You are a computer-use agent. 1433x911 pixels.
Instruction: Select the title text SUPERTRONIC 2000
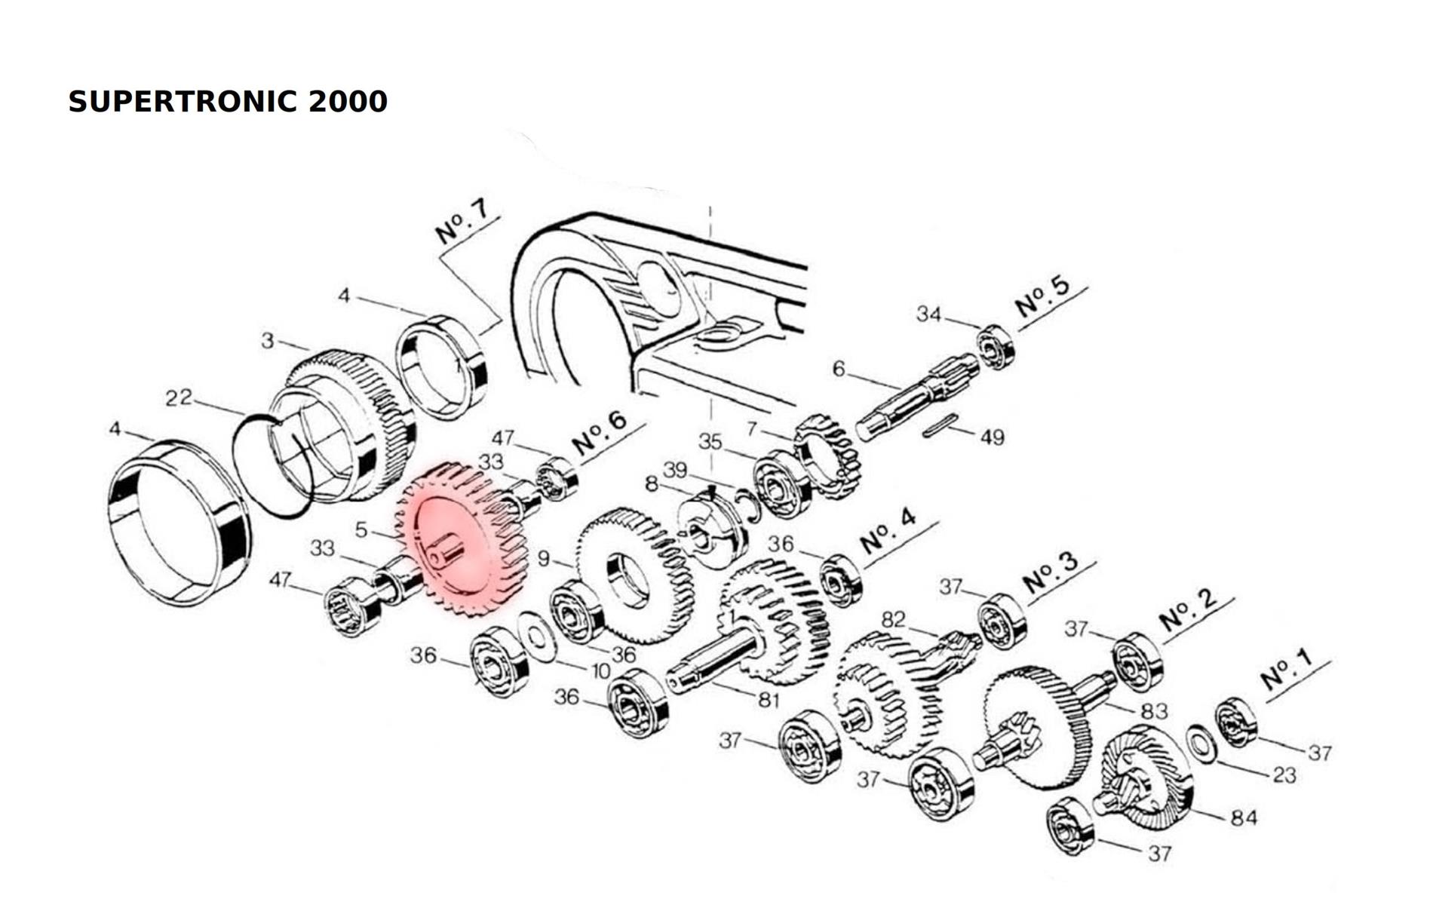coord(228,101)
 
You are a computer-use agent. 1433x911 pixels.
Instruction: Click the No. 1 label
coord(1287,668)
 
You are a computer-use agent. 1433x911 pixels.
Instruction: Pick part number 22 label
coord(179,397)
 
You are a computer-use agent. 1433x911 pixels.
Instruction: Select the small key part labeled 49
coord(940,429)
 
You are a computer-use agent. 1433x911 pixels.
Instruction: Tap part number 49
coord(993,437)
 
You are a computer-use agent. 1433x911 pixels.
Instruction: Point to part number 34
coord(928,314)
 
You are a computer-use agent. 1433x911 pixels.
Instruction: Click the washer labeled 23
coord(1200,744)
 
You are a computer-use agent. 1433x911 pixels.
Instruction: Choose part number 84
coord(1244,817)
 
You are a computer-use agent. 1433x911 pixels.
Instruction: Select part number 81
coord(768,700)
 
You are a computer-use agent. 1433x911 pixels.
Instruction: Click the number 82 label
coord(893,619)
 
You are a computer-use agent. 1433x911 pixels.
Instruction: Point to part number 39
coord(674,471)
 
